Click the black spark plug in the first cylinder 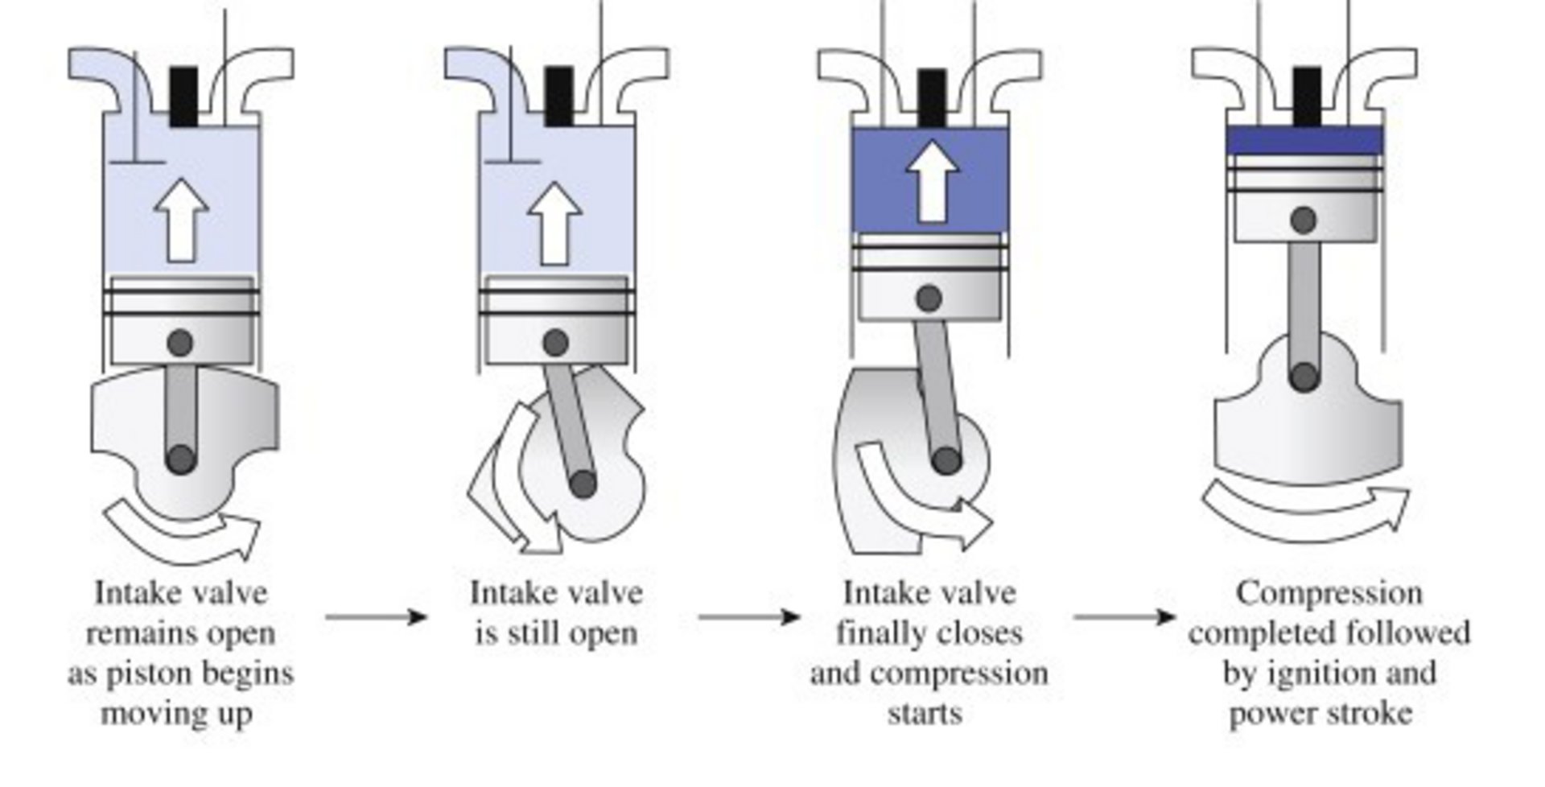(x=183, y=97)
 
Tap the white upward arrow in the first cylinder (x=182, y=221)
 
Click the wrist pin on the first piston (x=180, y=343)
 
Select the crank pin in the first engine (x=181, y=459)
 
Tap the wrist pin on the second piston (x=555, y=343)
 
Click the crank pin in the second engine (x=583, y=484)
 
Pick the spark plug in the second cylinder (x=558, y=97)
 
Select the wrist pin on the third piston (x=929, y=299)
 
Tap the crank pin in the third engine (x=946, y=461)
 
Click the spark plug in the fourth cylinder (x=1307, y=97)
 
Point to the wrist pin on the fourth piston (x=1304, y=220)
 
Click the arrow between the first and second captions (x=376, y=617)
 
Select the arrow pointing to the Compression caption (x=1124, y=617)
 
